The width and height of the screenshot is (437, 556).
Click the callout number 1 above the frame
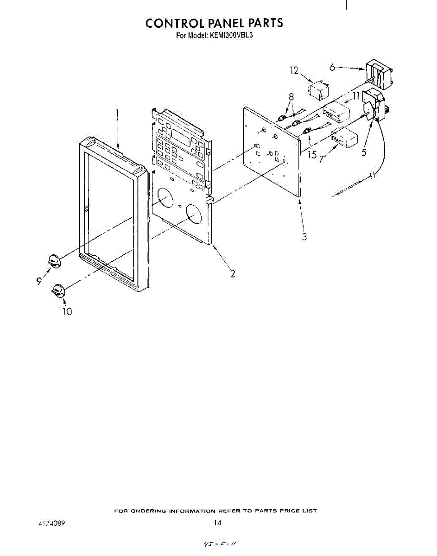[x=118, y=113]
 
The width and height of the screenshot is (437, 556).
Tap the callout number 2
[x=233, y=273]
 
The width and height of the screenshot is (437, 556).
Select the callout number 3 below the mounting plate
[x=304, y=237]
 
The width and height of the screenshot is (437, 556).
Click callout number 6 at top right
[x=332, y=67]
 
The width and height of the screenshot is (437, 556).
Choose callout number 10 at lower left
[x=67, y=311]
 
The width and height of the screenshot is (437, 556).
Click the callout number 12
[x=294, y=70]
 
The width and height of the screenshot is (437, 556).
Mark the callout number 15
[x=312, y=154]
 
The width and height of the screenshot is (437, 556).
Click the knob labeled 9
[x=55, y=261]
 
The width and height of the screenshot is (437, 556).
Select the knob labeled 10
[x=58, y=291]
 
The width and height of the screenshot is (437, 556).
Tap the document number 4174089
[x=52, y=523]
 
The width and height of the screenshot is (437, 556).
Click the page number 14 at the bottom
[x=217, y=523]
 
